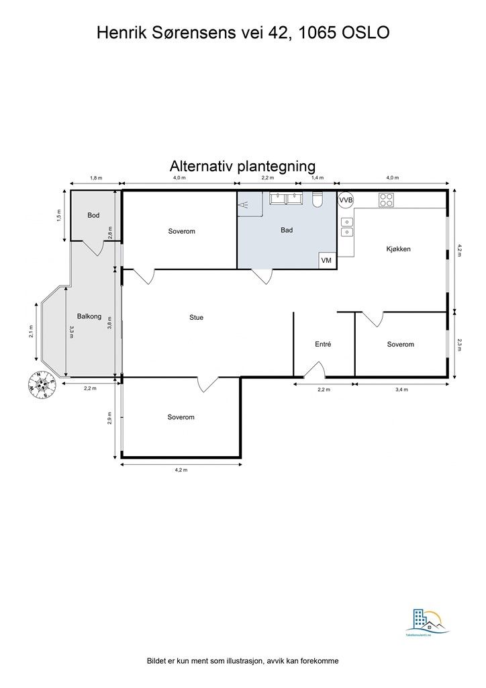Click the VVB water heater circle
(x=346, y=200)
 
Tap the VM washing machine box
(x=327, y=260)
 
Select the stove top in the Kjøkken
(x=386, y=200)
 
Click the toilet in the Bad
(x=319, y=200)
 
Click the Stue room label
(x=196, y=317)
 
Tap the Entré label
(x=323, y=344)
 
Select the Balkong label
(x=89, y=316)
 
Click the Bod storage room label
(x=93, y=216)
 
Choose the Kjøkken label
(x=398, y=249)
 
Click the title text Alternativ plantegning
(x=242, y=165)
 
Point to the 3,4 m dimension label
(x=401, y=389)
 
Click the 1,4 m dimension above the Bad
(x=316, y=178)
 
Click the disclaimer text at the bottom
(x=242, y=661)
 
